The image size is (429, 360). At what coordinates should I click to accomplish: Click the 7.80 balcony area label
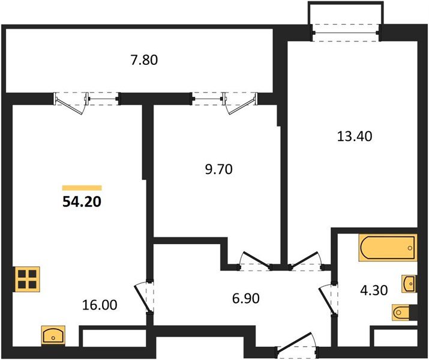point(144,60)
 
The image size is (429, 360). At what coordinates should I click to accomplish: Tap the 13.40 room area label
point(355,136)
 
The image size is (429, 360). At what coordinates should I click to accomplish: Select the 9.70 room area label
point(218,169)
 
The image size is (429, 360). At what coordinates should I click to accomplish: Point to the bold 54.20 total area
point(82,202)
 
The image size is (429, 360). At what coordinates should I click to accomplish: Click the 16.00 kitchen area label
point(100,305)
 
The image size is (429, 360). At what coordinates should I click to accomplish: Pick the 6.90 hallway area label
point(245,298)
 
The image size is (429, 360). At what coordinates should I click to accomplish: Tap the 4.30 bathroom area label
point(374,290)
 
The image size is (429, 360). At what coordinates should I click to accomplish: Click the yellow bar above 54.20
point(82,188)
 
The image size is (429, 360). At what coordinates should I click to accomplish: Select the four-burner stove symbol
point(27,279)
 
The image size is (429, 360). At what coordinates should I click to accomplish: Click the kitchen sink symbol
point(53,335)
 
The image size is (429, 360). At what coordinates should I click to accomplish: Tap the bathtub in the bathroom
point(388,248)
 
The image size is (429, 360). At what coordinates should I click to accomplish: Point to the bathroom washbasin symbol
point(410,284)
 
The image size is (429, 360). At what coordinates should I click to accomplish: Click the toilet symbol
point(401,312)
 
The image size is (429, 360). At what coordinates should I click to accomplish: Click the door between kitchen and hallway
point(145,297)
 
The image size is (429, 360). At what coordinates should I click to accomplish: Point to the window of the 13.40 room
point(346,33)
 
